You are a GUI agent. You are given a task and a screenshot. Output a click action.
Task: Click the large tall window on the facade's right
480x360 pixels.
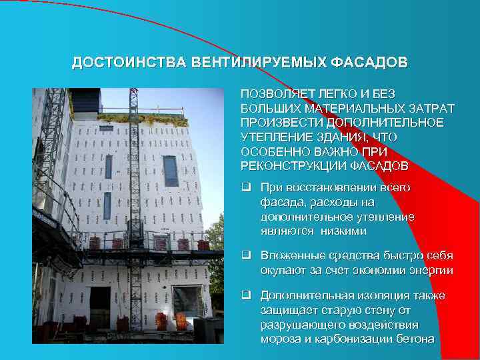171,171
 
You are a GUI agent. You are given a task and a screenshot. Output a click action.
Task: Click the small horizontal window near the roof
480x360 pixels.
107,128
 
